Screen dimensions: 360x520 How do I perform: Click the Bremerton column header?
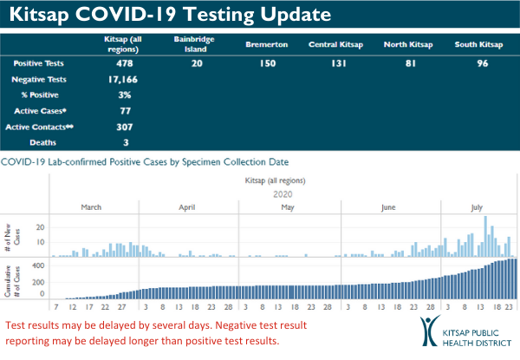[x=261, y=43]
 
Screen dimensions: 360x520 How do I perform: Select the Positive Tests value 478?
[x=126, y=63]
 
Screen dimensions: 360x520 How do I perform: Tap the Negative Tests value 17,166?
[x=126, y=79]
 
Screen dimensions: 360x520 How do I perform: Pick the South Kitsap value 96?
[x=479, y=63]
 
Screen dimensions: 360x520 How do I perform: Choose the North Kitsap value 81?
[x=406, y=63]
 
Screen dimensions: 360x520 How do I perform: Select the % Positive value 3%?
[x=126, y=95]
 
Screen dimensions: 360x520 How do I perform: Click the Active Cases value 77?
[x=126, y=110]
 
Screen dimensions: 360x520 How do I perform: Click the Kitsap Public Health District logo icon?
[x=431, y=333]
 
